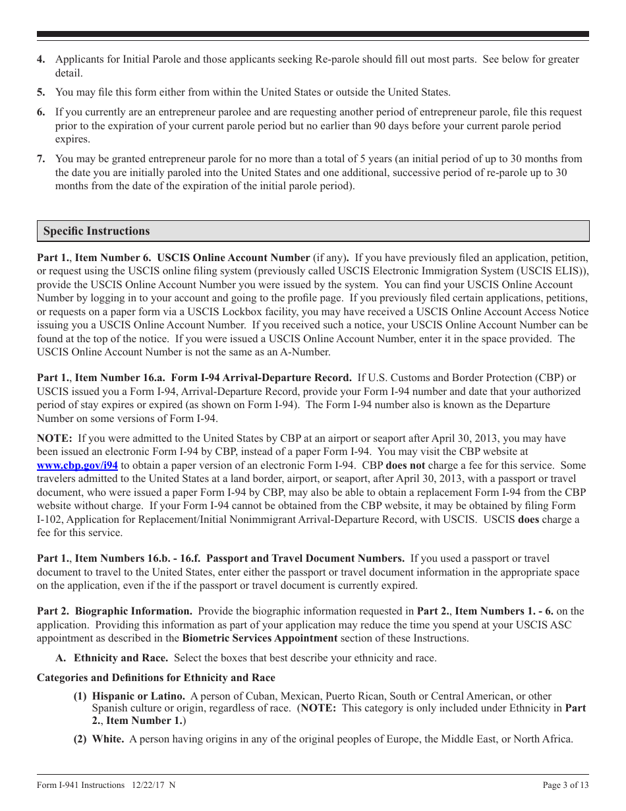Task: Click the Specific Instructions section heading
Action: (96, 231)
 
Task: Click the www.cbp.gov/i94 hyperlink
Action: (77, 466)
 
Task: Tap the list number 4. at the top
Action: (41, 59)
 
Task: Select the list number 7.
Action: (41, 159)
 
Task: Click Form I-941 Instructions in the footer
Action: (80, 785)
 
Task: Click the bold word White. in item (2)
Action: (108, 739)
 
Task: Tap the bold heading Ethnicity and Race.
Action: (121, 658)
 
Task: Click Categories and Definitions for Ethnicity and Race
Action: (156, 678)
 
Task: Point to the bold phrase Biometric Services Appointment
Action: (260, 638)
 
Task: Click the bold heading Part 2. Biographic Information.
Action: (115, 611)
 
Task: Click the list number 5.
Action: (41, 92)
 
